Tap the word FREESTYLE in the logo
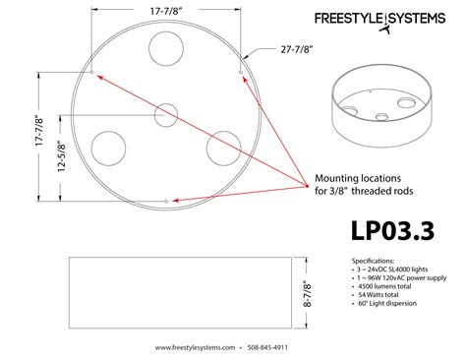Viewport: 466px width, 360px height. pyautogui.click(x=348, y=19)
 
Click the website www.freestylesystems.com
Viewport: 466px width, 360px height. pyautogui.click(x=199, y=347)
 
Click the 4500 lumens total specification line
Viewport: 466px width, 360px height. pyautogui.click(x=382, y=286)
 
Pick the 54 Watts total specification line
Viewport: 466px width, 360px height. pyautogui.click(x=377, y=295)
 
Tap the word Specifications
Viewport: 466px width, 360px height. pyautogui.click(x=374, y=259)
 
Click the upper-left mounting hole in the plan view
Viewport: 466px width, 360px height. pyautogui.click(x=91, y=73)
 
